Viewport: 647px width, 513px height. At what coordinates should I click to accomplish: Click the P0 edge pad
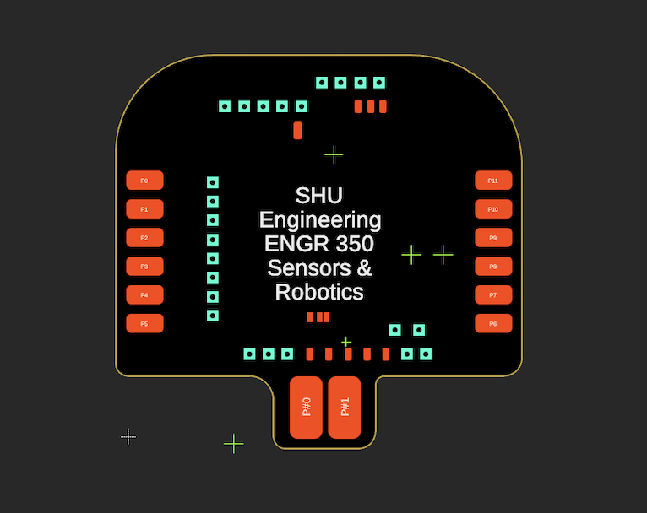[144, 181]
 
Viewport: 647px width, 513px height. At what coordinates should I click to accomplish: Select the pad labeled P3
[144, 267]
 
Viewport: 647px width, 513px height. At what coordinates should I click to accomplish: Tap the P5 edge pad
[144, 324]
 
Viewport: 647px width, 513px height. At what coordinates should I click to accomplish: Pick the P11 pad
[493, 181]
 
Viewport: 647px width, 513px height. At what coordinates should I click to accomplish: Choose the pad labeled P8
[493, 267]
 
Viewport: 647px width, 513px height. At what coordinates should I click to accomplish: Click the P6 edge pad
[493, 324]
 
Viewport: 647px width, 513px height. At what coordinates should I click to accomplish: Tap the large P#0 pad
[306, 408]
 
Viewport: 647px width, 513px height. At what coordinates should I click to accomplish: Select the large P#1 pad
[345, 408]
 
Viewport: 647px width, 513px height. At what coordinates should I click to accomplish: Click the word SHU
[319, 196]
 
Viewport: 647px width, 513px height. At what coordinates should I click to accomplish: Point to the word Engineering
[320, 220]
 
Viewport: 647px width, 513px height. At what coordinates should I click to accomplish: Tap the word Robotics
[319, 293]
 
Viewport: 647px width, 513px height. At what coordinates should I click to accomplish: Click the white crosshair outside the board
[128, 436]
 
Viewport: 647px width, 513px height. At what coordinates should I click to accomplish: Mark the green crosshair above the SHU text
[334, 154]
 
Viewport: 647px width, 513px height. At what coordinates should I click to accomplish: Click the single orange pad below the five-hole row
[297, 130]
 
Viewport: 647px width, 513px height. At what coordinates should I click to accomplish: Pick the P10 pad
[493, 209]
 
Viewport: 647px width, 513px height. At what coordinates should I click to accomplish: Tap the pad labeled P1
[144, 209]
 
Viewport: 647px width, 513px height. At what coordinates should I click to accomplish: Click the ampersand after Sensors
[364, 268]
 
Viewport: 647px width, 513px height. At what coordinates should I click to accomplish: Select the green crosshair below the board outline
[234, 444]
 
